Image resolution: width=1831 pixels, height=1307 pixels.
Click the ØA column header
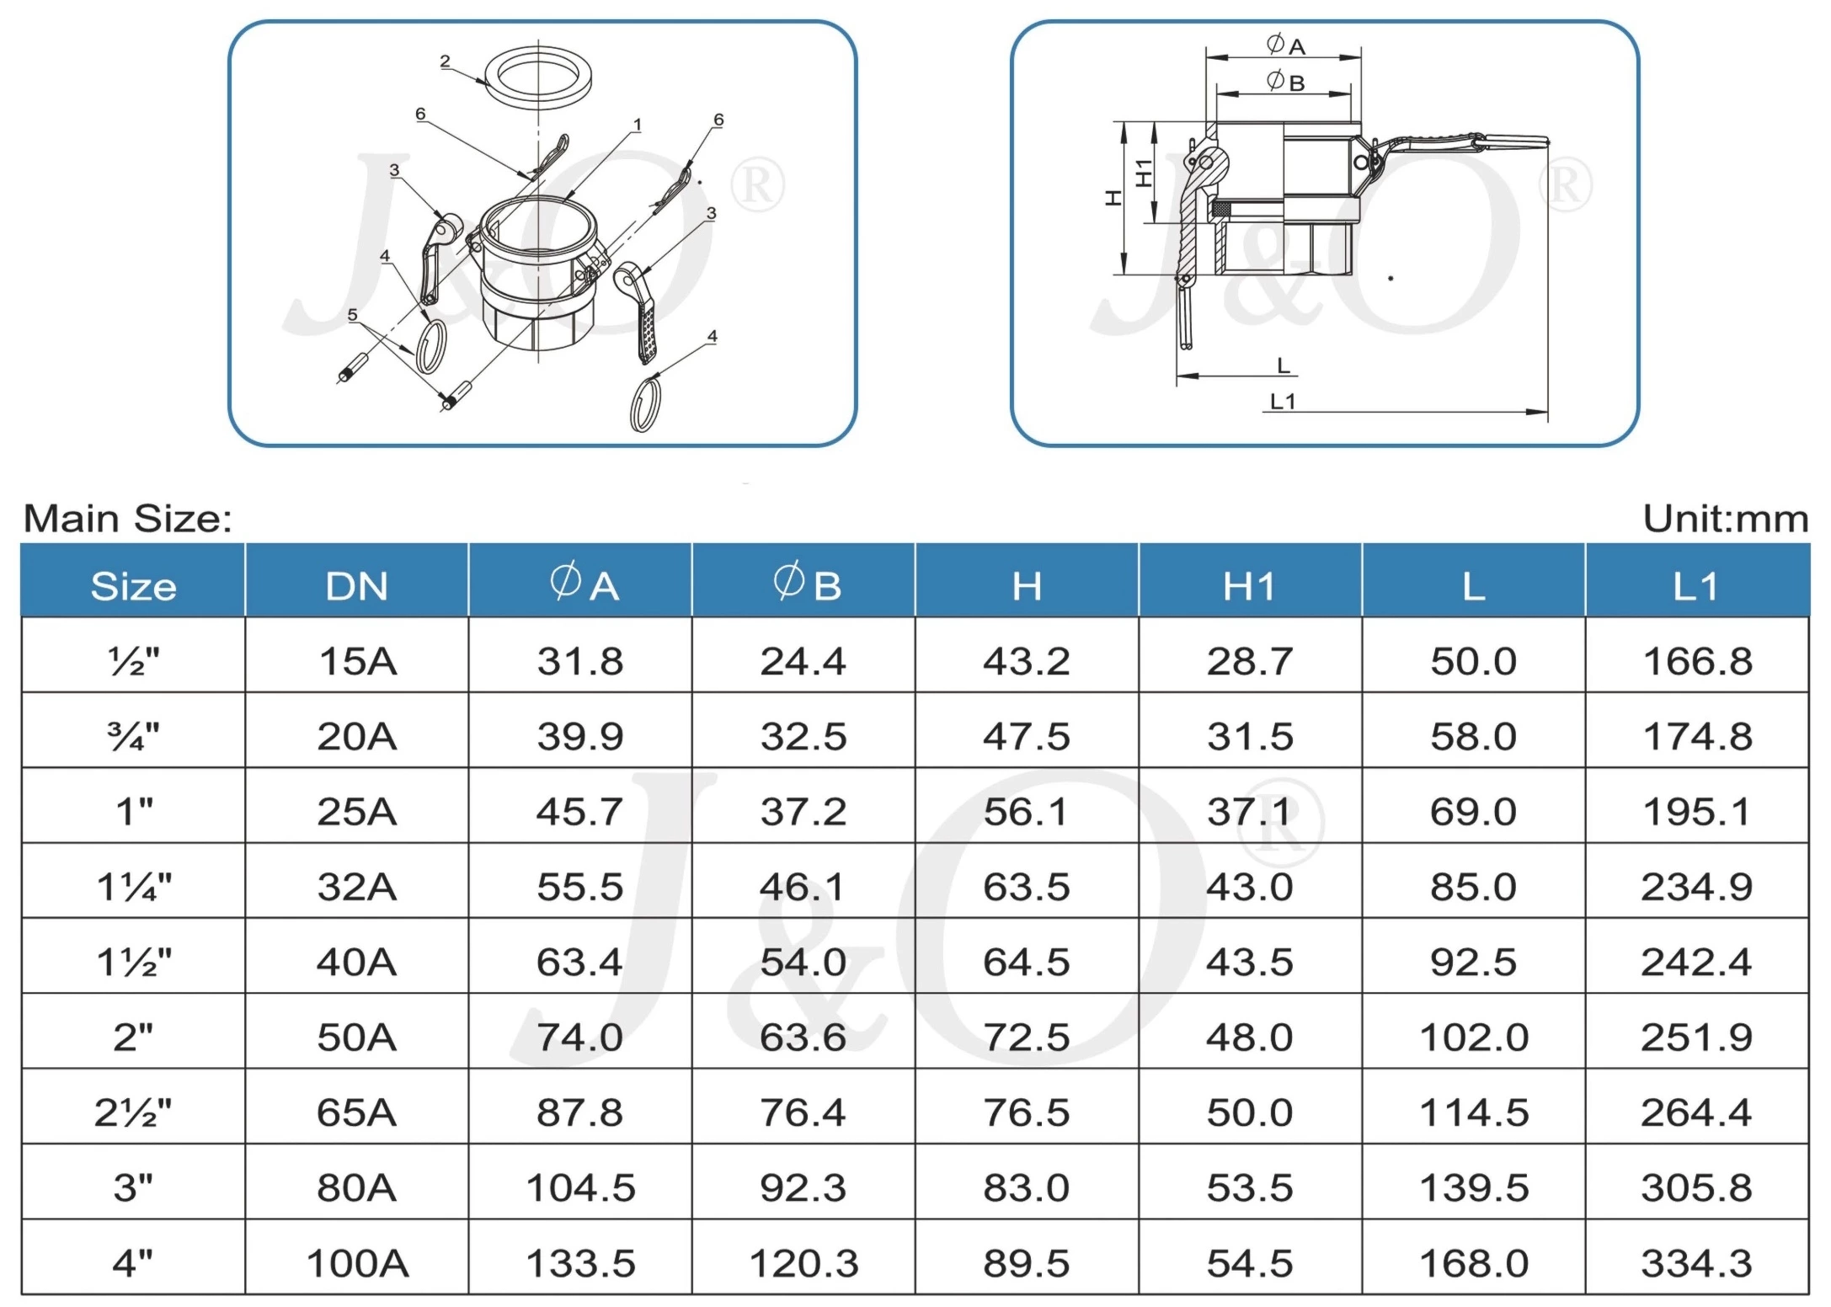pyautogui.click(x=581, y=584)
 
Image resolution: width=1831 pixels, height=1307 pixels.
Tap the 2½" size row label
pyautogui.click(x=133, y=1112)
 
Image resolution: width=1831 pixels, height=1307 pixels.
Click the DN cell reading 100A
pyautogui.click(x=357, y=1262)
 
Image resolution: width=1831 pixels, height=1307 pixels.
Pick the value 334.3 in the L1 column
pyautogui.click(x=1695, y=1262)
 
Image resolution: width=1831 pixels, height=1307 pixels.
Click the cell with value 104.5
pyautogui.click(x=580, y=1187)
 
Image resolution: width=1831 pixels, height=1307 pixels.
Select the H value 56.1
pyautogui.click(x=1026, y=812)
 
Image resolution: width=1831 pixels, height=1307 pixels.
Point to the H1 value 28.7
pyautogui.click(x=1249, y=661)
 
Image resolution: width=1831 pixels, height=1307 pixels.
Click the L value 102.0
pyautogui.click(x=1473, y=1037)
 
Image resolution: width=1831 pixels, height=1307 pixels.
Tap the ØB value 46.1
pyautogui.click(x=803, y=887)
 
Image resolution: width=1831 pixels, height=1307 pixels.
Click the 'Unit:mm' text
pyautogui.click(x=1725, y=519)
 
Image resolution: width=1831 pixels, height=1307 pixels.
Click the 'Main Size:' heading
pyautogui.click(x=128, y=518)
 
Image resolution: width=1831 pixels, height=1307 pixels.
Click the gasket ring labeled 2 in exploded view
pyautogui.click(x=539, y=77)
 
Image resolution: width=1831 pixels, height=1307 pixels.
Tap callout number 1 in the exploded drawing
pyautogui.click(x=638, y=125)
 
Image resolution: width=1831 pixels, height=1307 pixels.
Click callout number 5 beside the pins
pyautogui.click(x=352, y=314)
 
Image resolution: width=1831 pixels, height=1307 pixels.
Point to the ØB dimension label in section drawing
pyautogui.click(x=1285, y=82)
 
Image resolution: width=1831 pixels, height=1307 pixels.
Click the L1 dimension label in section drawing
pyautogui.click(x=1282, y=403)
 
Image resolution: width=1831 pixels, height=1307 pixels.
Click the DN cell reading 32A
pyautogui.click(x=357, y=887)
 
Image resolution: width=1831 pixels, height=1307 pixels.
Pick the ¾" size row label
pyautogui.click(x=133, y=737)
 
